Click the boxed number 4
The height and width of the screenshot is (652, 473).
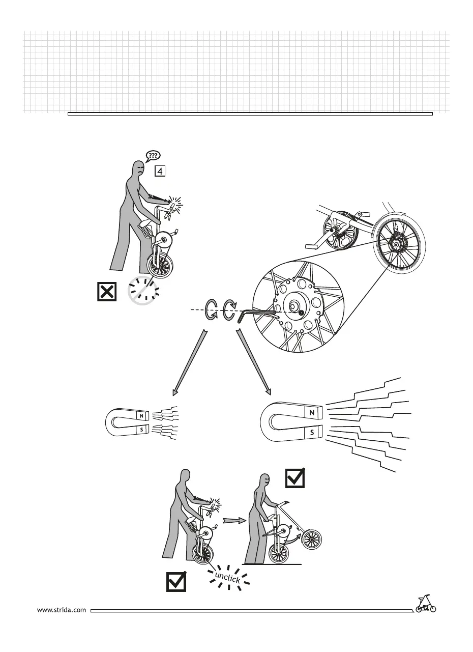click(x=160, y=171)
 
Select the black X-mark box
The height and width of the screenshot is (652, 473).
click(x=106, y=292)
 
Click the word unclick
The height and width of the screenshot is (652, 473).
click(x=227, y=576)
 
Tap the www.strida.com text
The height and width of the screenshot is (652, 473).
click(x=62, y=609)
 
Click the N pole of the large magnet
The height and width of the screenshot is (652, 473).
click(x=312, y=413)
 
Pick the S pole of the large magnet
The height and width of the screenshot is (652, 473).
click(x=312, y=433)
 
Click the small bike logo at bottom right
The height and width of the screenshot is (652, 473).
click(x=426, y=604)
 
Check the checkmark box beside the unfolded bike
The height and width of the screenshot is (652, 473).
click(x=295, y=477)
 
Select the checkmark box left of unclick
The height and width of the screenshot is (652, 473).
click(x=176, y=581)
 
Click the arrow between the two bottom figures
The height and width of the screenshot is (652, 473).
click(x=233, y=521)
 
